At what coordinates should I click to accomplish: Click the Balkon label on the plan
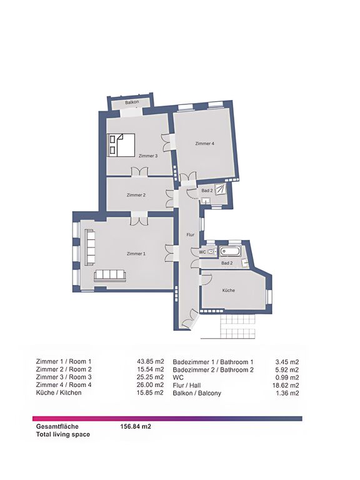(x=132, y=102)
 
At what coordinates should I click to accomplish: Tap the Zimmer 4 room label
(x=204, y=143)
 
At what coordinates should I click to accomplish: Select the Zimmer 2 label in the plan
(x=136, y=195)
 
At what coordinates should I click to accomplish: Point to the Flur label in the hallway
(x=191, y=235)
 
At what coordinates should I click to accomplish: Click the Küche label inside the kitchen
(x=229, y=290)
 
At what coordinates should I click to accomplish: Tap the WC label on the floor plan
(x=202, y=252)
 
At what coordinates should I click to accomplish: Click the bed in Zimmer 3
(x=121, y=145)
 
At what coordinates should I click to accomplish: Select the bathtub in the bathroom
(x=230, y=251)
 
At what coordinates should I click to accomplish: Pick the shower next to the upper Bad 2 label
(x=221, y=189)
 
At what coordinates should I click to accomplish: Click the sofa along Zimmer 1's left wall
(x=89, y=248)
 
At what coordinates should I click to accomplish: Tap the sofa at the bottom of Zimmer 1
(x=109, y=276)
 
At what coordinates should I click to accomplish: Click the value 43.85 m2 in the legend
(x=150, y=361)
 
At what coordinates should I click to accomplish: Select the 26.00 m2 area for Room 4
(x=150, y=385)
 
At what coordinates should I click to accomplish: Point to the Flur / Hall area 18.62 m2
(x=286, y=386)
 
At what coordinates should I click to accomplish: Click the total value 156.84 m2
(x=136, y=426)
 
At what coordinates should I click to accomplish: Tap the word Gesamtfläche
(x=57, y=426)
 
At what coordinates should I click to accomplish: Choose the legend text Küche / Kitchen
(x=59, y=392)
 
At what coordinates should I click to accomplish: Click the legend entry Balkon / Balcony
(x=197, y=393)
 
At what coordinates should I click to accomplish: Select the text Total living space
(x=63, y=434)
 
